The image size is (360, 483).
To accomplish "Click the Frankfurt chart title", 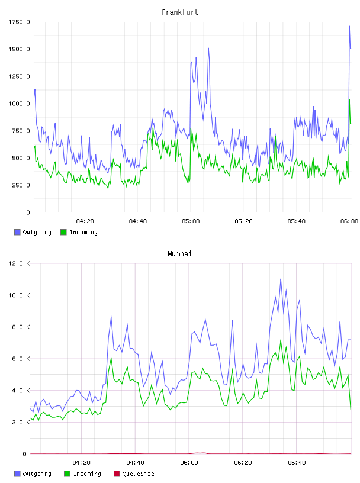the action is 180,12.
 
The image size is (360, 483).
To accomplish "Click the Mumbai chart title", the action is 179,253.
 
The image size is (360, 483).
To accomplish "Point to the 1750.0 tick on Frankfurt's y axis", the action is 19,22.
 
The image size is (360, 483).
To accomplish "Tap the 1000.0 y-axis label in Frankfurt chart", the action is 19,104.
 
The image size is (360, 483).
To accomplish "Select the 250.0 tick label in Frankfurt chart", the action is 21,185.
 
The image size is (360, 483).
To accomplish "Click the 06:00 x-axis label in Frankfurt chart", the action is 349,221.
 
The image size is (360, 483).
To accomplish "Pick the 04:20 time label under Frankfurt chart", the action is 85,221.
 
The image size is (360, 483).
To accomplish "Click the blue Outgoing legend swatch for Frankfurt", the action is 17,232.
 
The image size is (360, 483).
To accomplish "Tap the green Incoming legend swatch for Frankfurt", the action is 63,232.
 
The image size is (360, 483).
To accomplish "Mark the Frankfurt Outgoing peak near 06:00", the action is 349,26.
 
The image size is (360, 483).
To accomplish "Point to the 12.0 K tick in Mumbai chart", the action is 19,263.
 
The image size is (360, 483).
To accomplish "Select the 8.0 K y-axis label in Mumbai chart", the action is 21,327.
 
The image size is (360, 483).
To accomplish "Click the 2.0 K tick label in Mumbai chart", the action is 21,422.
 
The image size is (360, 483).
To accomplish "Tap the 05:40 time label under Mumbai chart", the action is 297,462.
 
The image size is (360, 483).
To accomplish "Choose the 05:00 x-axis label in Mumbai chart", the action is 189,462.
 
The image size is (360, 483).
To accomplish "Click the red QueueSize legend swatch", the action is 117,474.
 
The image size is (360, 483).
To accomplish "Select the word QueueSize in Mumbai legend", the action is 138,474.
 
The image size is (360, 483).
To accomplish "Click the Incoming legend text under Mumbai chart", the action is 87,474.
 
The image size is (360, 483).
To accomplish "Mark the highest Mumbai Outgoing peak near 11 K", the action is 281,279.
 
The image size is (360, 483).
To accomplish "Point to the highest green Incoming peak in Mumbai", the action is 281,339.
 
